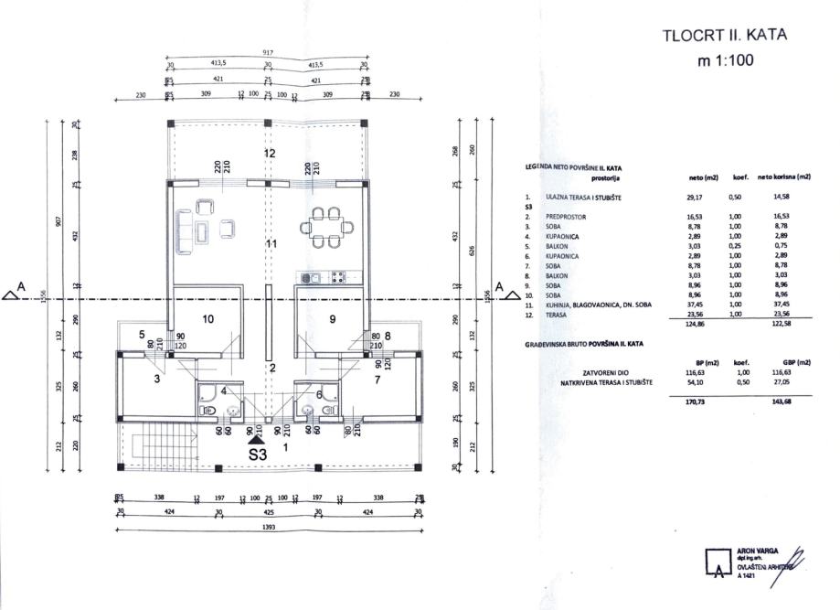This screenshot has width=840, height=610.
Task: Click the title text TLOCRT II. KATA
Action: click(x=722, y=37)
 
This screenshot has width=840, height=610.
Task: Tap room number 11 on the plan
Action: click(x=271, y=244)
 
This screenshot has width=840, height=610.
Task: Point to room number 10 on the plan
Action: click(x=207, y=319)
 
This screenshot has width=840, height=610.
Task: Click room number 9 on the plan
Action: click(x=332, y=319)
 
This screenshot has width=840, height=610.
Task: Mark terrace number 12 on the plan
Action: click(x=270, y=153)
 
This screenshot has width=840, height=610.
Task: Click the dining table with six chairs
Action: click(x=326, y=226)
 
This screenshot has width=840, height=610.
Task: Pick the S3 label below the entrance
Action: click(x=258, y=453)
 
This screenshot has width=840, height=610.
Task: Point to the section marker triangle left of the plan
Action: click(x=12, y=293)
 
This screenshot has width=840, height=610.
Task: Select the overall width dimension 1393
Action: click(x=269, y=528)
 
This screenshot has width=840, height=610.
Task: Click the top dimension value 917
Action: click(x=268, y=53)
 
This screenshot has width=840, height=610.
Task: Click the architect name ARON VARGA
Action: click(x=754, y=552)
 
